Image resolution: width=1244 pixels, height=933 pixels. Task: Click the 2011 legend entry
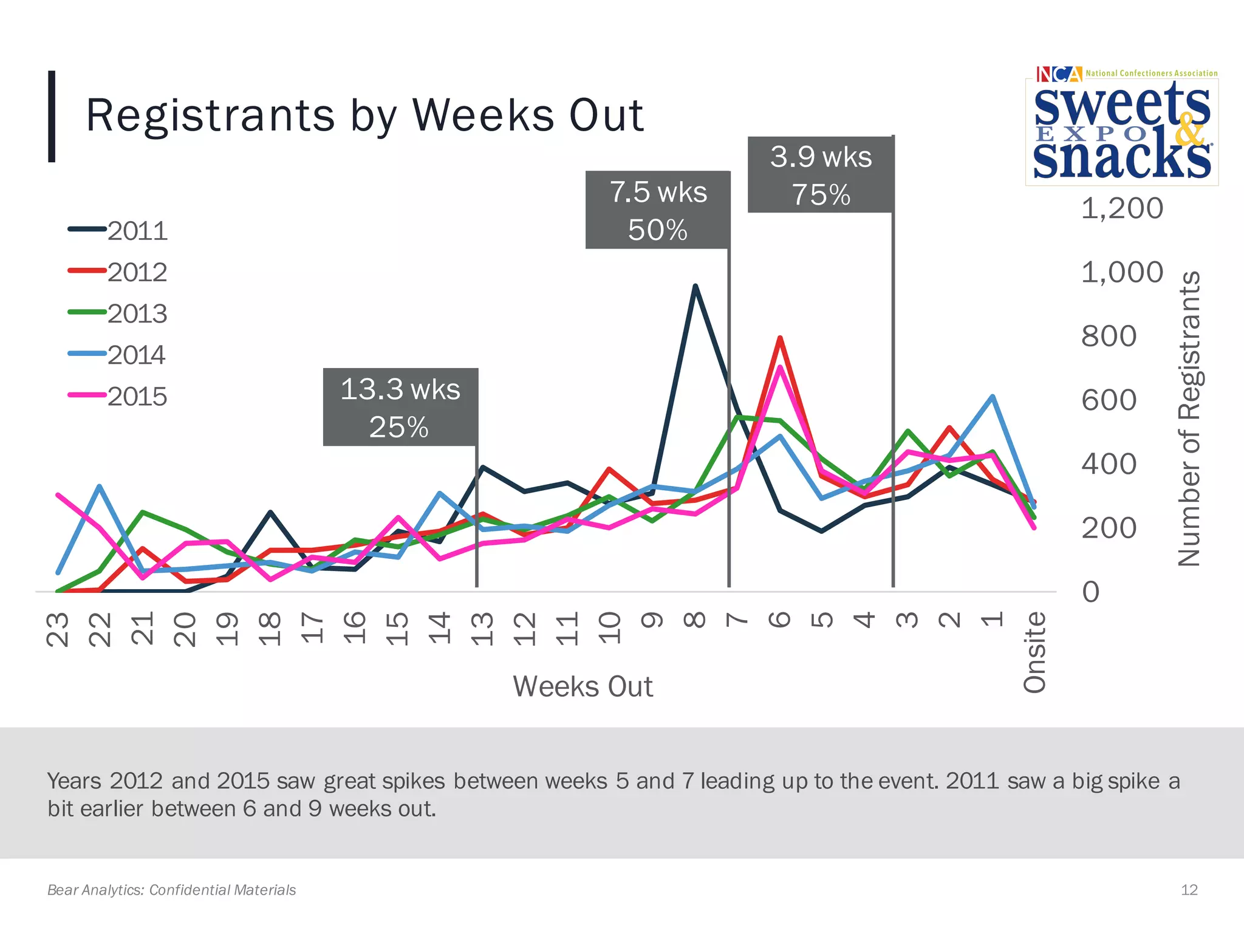pos(118,231)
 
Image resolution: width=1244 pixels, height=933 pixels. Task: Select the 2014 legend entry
pos(118,355)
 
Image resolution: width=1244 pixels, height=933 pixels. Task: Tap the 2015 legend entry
pos(118,397)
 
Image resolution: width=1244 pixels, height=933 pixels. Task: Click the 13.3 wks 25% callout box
pos(400,407)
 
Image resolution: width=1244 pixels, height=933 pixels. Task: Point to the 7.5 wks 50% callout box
pos(657,210)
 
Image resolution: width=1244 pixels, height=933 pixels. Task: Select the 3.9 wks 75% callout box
pos(820,175)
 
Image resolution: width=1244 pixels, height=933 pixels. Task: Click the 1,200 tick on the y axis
pos(1121,208)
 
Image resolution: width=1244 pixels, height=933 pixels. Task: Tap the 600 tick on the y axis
pos(1109,400)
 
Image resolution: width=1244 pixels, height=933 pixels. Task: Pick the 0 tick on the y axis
pos(1091,592)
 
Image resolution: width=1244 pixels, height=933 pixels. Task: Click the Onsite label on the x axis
pos(1035,652)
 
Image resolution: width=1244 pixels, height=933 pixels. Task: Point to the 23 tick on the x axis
pos(58,629)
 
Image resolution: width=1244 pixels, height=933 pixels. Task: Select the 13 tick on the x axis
pos(482,629)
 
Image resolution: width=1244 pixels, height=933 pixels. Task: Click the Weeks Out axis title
pos(583,686)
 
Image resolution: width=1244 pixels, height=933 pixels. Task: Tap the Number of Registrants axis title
pos(1189,419)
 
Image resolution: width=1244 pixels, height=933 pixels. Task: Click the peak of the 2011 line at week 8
pos(695,286)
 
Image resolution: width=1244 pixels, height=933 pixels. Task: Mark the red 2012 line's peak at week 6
pos(779,338)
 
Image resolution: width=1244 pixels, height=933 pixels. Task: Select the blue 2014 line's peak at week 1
pos(992,397)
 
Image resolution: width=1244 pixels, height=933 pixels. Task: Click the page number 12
pos(1189,890)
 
